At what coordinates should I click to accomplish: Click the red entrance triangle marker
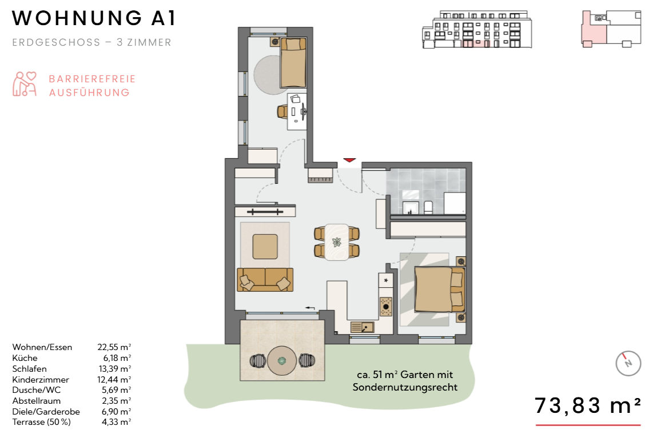click(x=349, y=160)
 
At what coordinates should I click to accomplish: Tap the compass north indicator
click(x=628, y=363)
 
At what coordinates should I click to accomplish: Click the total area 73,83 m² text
click(x=587, y=405)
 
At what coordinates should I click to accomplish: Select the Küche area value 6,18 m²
click(x=117, y=357)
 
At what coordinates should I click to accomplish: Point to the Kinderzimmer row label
click(x=41, y=379)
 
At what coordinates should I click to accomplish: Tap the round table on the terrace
click(x=282, y=361)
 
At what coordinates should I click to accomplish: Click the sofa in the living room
click(x=265, y=279)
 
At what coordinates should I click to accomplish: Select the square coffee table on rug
click(x=265, y=247)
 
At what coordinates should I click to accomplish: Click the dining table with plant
click(x=336, y=242)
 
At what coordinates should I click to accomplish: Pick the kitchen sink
click(x=363, y=327)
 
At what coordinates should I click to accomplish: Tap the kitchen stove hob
click(x=386, y=307)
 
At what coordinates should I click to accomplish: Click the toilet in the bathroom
click(x=428, y=207)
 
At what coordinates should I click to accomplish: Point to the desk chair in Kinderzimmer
click(x=282, y=111)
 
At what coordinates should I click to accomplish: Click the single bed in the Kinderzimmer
click(x=293, y=63)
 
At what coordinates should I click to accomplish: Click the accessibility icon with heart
click(x=24, y=84)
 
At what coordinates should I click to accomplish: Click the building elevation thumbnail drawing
click(x=477, y=29)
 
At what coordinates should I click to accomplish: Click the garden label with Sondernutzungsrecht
click(x=405, y=381)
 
